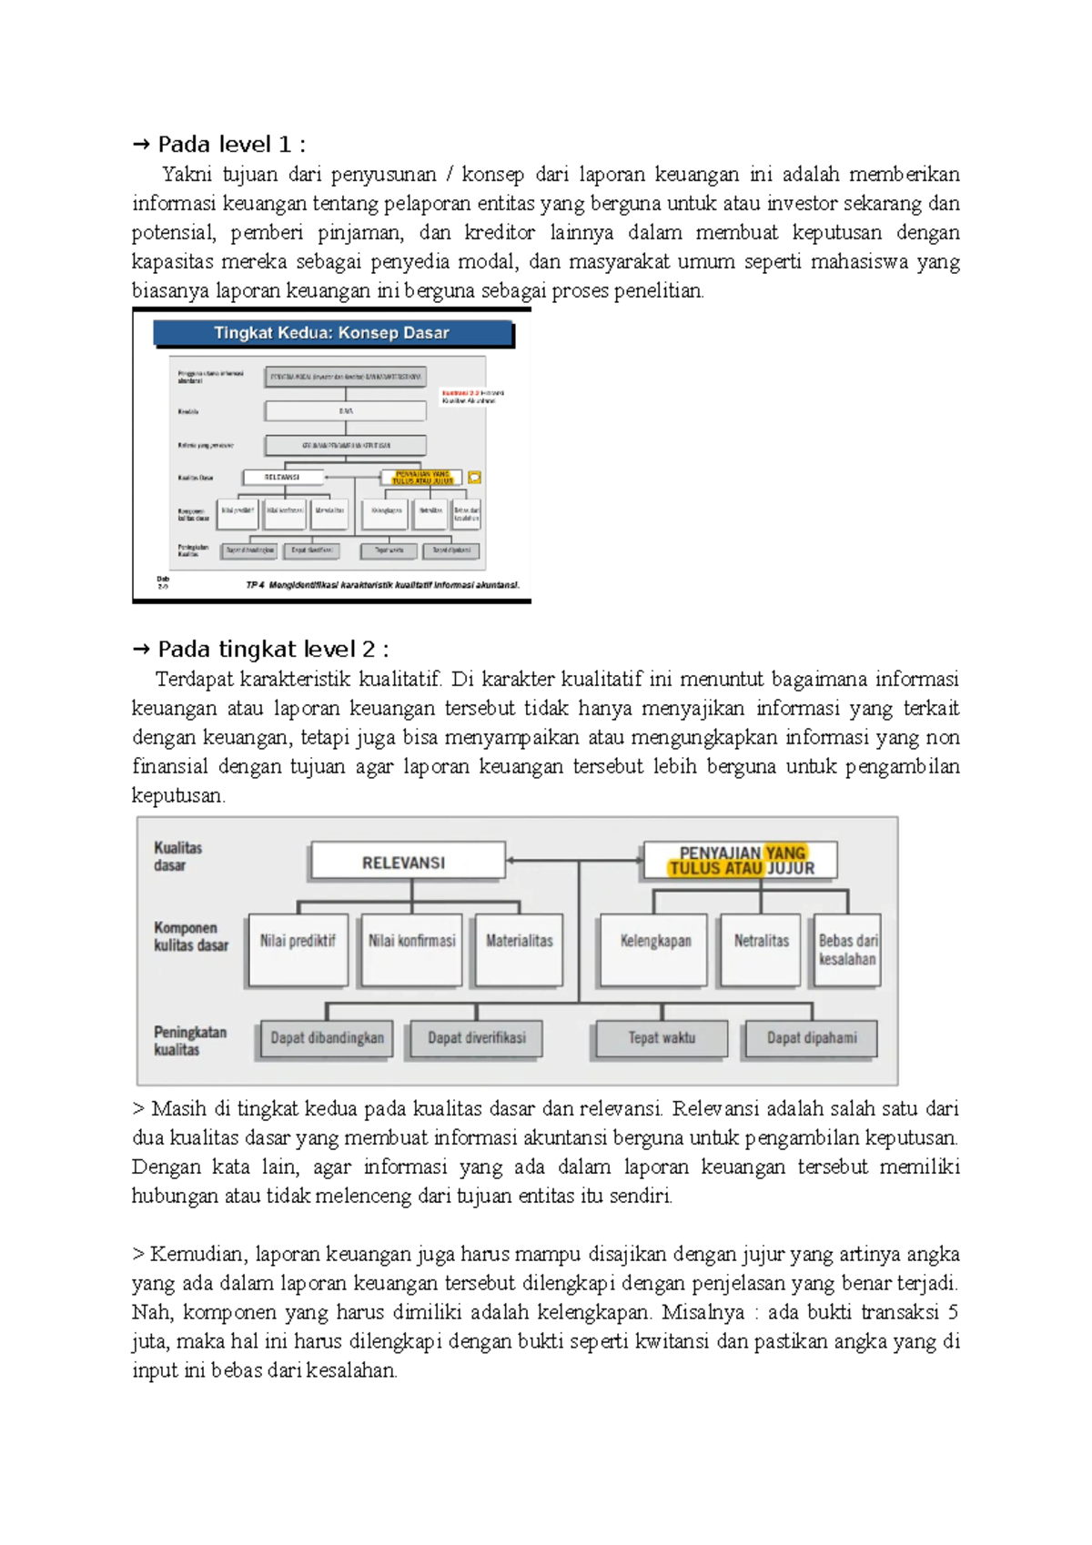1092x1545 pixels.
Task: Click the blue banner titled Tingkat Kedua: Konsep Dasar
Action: [332, 333]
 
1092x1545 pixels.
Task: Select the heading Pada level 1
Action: [231, 145]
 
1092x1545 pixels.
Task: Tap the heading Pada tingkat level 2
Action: [273, 649]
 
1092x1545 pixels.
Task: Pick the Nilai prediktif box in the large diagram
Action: [298, 949]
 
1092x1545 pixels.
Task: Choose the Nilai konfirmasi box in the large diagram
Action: [411, 949]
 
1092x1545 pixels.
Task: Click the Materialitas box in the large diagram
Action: [519, 949]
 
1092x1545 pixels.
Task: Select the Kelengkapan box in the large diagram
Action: [655, 949]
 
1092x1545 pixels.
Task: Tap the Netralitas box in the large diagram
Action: [761, 949]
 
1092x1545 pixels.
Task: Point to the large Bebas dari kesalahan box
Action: [847, 949]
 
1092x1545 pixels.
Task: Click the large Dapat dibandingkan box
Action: [327, 1038]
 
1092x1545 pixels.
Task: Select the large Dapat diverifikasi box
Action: [476, 1038]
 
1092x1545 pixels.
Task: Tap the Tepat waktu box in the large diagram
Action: [662, 1038]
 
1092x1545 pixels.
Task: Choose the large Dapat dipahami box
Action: [812, 1038]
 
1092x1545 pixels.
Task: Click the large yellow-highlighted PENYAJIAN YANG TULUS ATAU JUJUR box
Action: [741, 861]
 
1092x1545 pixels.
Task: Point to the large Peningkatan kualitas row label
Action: [189, 1040]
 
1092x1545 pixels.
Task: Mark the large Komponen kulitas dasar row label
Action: [190, 936]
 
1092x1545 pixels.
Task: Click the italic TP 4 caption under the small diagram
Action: [382, 585]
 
